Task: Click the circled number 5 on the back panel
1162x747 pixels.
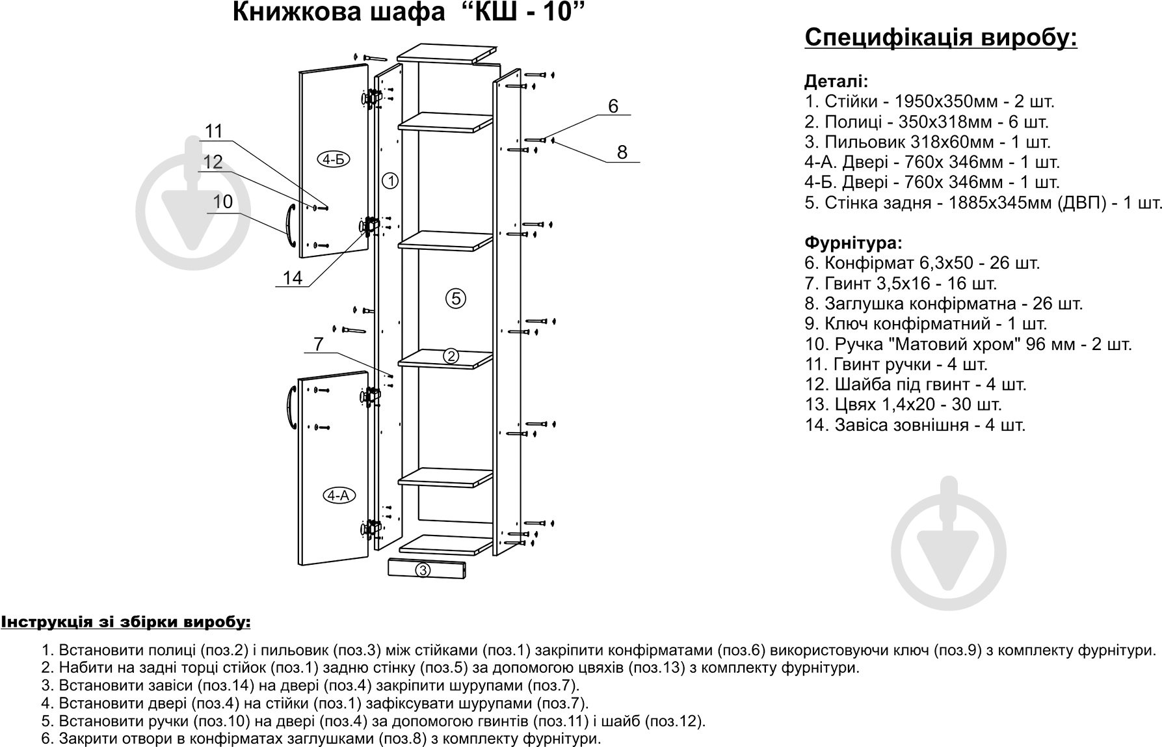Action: click(456, 299)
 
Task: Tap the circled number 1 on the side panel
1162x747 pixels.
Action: click(390, 181)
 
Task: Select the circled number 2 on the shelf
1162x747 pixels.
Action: click(451, 356)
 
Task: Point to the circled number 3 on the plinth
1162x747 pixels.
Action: click(423, 571)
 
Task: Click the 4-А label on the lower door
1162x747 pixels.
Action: click(337, 496)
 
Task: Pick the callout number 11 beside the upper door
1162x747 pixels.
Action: click(214, 131)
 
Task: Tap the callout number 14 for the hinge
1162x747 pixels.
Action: click(293, 278)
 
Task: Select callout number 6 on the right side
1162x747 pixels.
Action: click(613, 106)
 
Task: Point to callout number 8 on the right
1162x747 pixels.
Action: click(622, 152)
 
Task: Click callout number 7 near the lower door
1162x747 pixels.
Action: click(318, 344)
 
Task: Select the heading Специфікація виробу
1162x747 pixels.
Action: click(941, 38)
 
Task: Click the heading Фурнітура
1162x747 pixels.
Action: click(853, 243)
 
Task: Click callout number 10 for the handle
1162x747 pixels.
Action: click(222, 202)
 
